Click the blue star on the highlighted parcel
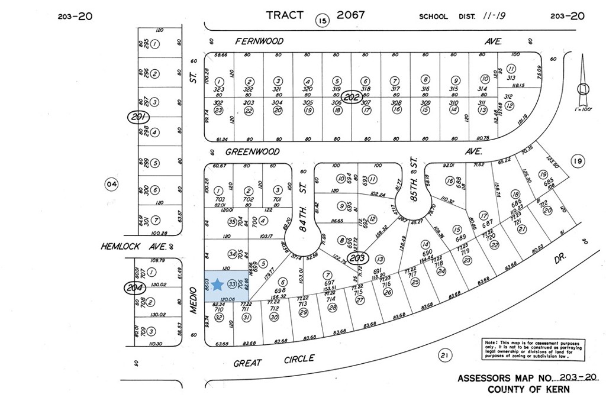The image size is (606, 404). [217, 285]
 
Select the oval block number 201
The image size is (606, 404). [140, 118]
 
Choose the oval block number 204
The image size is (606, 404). [134, 288]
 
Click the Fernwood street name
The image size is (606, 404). [259, 41]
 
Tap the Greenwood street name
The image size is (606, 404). [257, 152]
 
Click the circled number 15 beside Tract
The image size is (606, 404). [321, 22]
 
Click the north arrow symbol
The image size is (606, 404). [584, 83]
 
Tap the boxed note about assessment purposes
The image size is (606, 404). [532, 350]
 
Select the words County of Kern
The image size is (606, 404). [528, 390]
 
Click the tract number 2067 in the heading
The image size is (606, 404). [351, 15]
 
